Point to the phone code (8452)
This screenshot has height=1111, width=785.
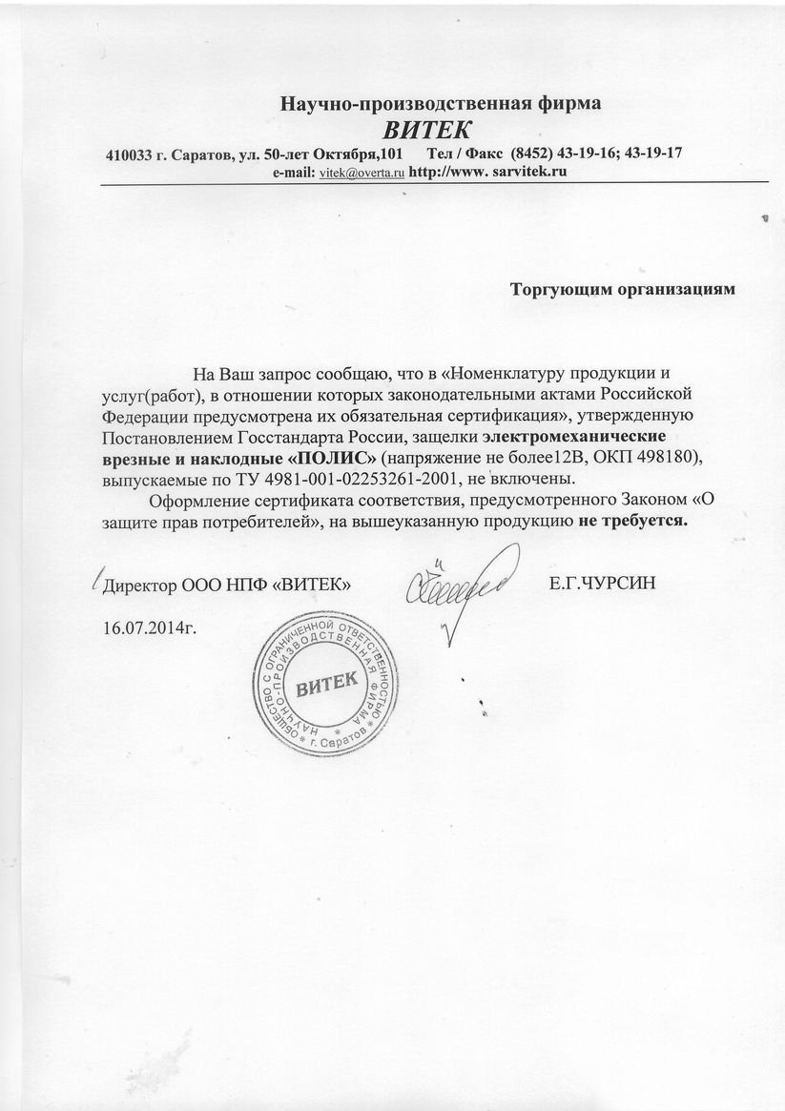click(x=532, y=154)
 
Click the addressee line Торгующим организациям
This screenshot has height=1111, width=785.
click(x=623, y=287)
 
